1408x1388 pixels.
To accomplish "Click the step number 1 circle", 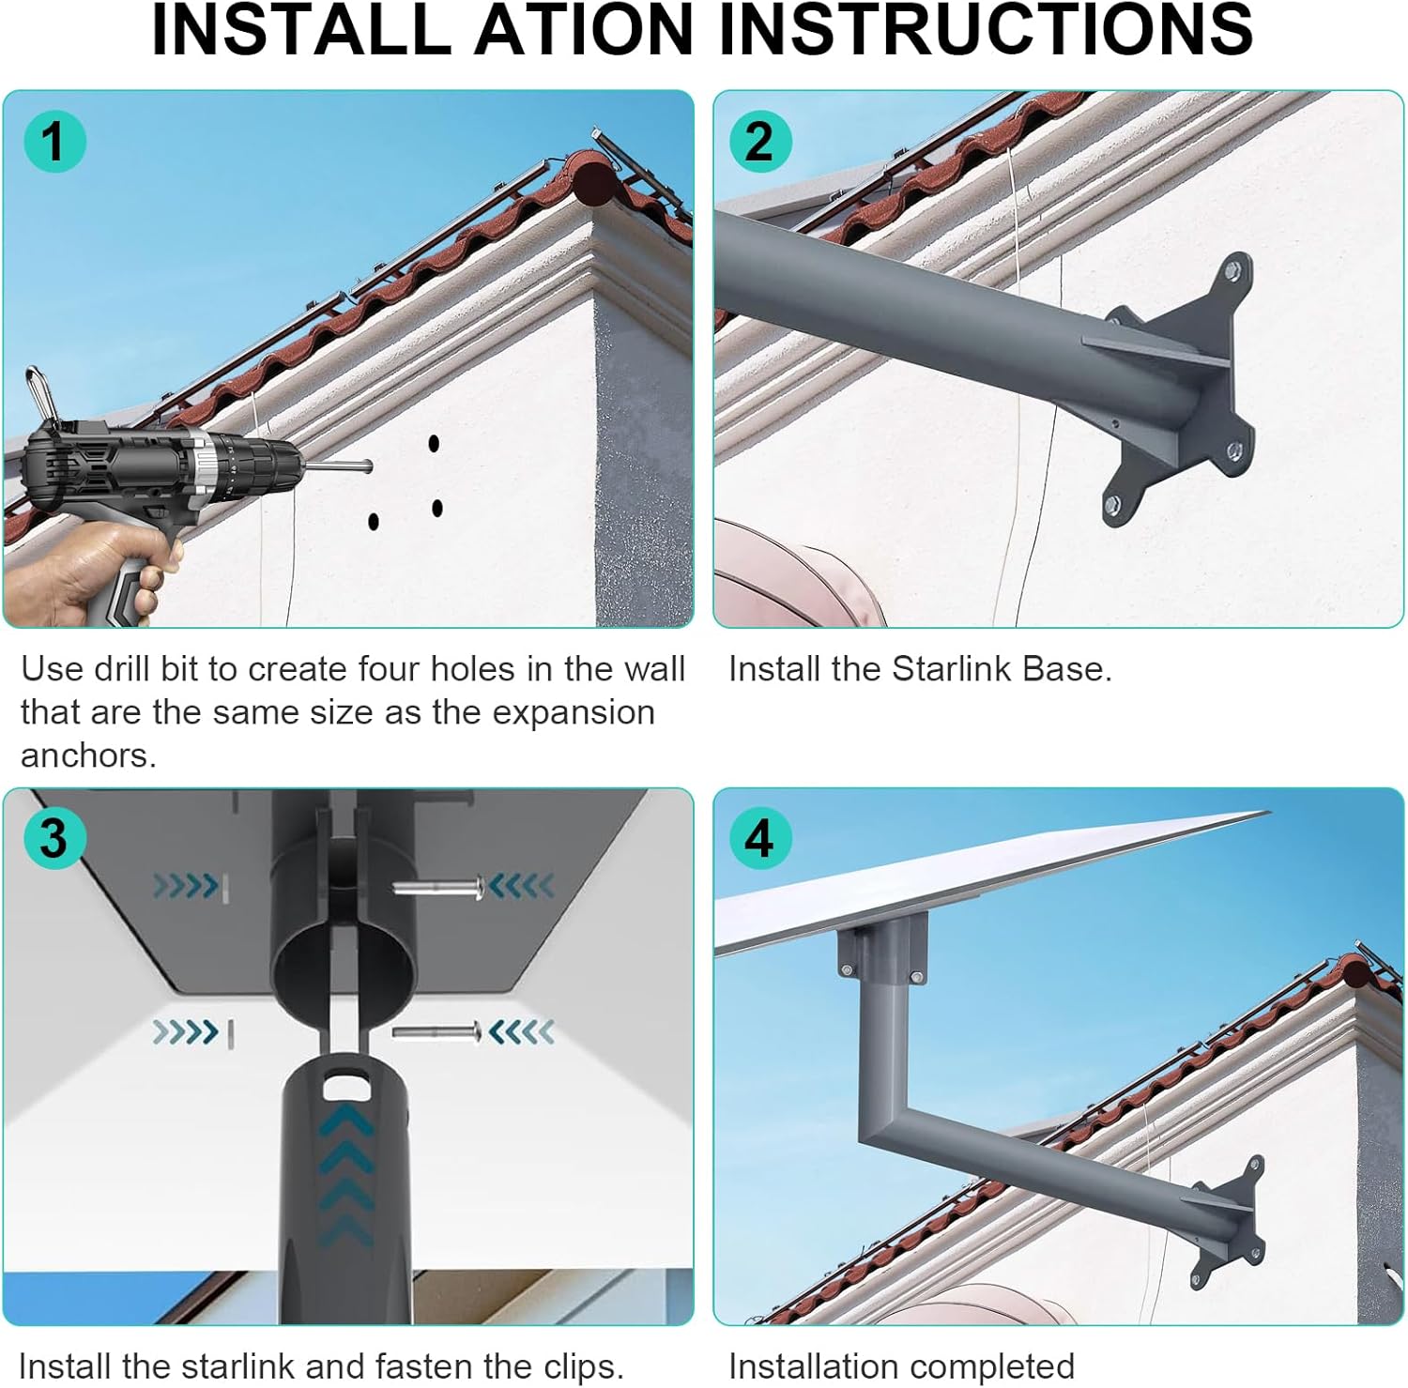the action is tap(54, 142).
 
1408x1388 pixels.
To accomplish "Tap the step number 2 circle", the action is tap(760, 142).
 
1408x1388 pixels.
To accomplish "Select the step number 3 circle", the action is tap(54, 837).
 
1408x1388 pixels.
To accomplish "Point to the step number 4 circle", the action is tap(760, 837).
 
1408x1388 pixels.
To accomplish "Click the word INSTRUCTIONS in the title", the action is tap(986, 30).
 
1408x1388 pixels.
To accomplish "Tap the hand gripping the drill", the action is tap(89, 572).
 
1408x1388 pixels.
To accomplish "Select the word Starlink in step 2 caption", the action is tap(952, 668).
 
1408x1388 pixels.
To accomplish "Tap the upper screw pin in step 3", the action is tap(439, 887).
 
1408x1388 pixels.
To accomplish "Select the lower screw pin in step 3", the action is tap(437, 1032).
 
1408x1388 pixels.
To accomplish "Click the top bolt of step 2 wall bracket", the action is tap(1233, 272).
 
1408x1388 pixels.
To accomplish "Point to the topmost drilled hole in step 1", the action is tap(434, 442).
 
